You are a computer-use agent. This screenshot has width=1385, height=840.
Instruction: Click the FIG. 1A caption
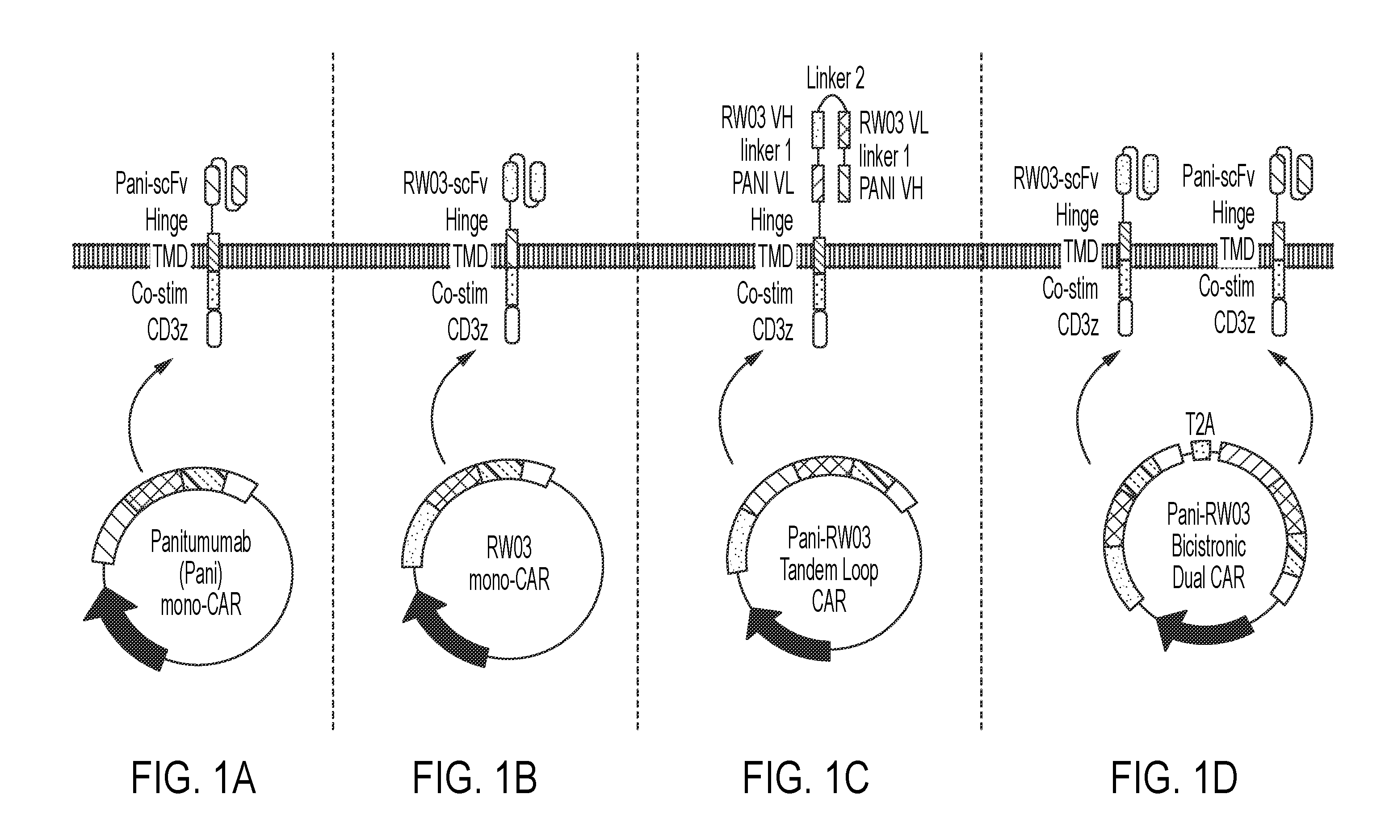click(x=193, y=778)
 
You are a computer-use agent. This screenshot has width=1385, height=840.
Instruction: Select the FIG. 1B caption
click(x=475, y=778)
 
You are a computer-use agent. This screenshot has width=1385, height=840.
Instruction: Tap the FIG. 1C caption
click(x=806, y=778)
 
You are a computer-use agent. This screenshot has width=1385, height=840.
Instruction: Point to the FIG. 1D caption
click(x=1174, y=778)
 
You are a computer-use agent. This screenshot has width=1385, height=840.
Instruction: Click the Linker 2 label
click(x=835, y=78)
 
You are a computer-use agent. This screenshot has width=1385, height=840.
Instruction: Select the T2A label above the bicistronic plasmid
click(x=1200, y=425)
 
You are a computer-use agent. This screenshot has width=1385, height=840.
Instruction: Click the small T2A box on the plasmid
click(x=1200, y=450)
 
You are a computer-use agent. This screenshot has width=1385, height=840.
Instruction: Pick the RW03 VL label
click(x=894, y=124)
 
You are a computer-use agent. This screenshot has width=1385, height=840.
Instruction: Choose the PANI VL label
click(x=763, y=183)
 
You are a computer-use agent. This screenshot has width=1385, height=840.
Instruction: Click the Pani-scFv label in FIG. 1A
click(x=151, y=183)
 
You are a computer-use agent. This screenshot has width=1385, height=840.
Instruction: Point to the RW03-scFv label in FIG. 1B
click(x=445, y=183)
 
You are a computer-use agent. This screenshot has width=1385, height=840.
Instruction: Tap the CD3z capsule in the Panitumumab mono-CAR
click(x=214, y=329)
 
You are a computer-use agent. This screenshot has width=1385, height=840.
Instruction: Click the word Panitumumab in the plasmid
click(x=201, y=542)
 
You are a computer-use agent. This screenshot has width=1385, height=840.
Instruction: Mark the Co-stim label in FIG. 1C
click(x=765, y=294)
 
